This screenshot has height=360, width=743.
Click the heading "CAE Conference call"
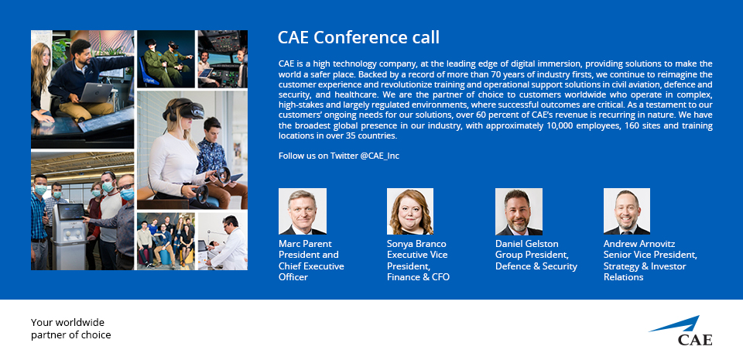(x=358, y=37)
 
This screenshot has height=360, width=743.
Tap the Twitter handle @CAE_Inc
(x=379, y=156)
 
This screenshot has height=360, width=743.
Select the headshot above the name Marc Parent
(x=303, y=211)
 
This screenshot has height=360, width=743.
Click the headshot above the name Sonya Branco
(x=410, y=211)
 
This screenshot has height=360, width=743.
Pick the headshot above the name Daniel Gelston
(x=519, y=211)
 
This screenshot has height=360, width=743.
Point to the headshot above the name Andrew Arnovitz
(x=626, y=211)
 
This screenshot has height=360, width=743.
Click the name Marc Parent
(x=304, y=244)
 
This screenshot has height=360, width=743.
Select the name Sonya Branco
(x=416, y=244)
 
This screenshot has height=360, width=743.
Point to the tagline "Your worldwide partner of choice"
(x=71, y=329)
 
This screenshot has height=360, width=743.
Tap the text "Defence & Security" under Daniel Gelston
(x=536, y=266)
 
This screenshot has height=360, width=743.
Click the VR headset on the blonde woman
(x=185, y=111)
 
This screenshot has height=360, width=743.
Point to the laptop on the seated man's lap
(x=96, y=93)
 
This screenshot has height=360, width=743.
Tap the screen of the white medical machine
(x=71, y=212)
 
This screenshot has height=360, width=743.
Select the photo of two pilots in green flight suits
(x=166, y=59)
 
